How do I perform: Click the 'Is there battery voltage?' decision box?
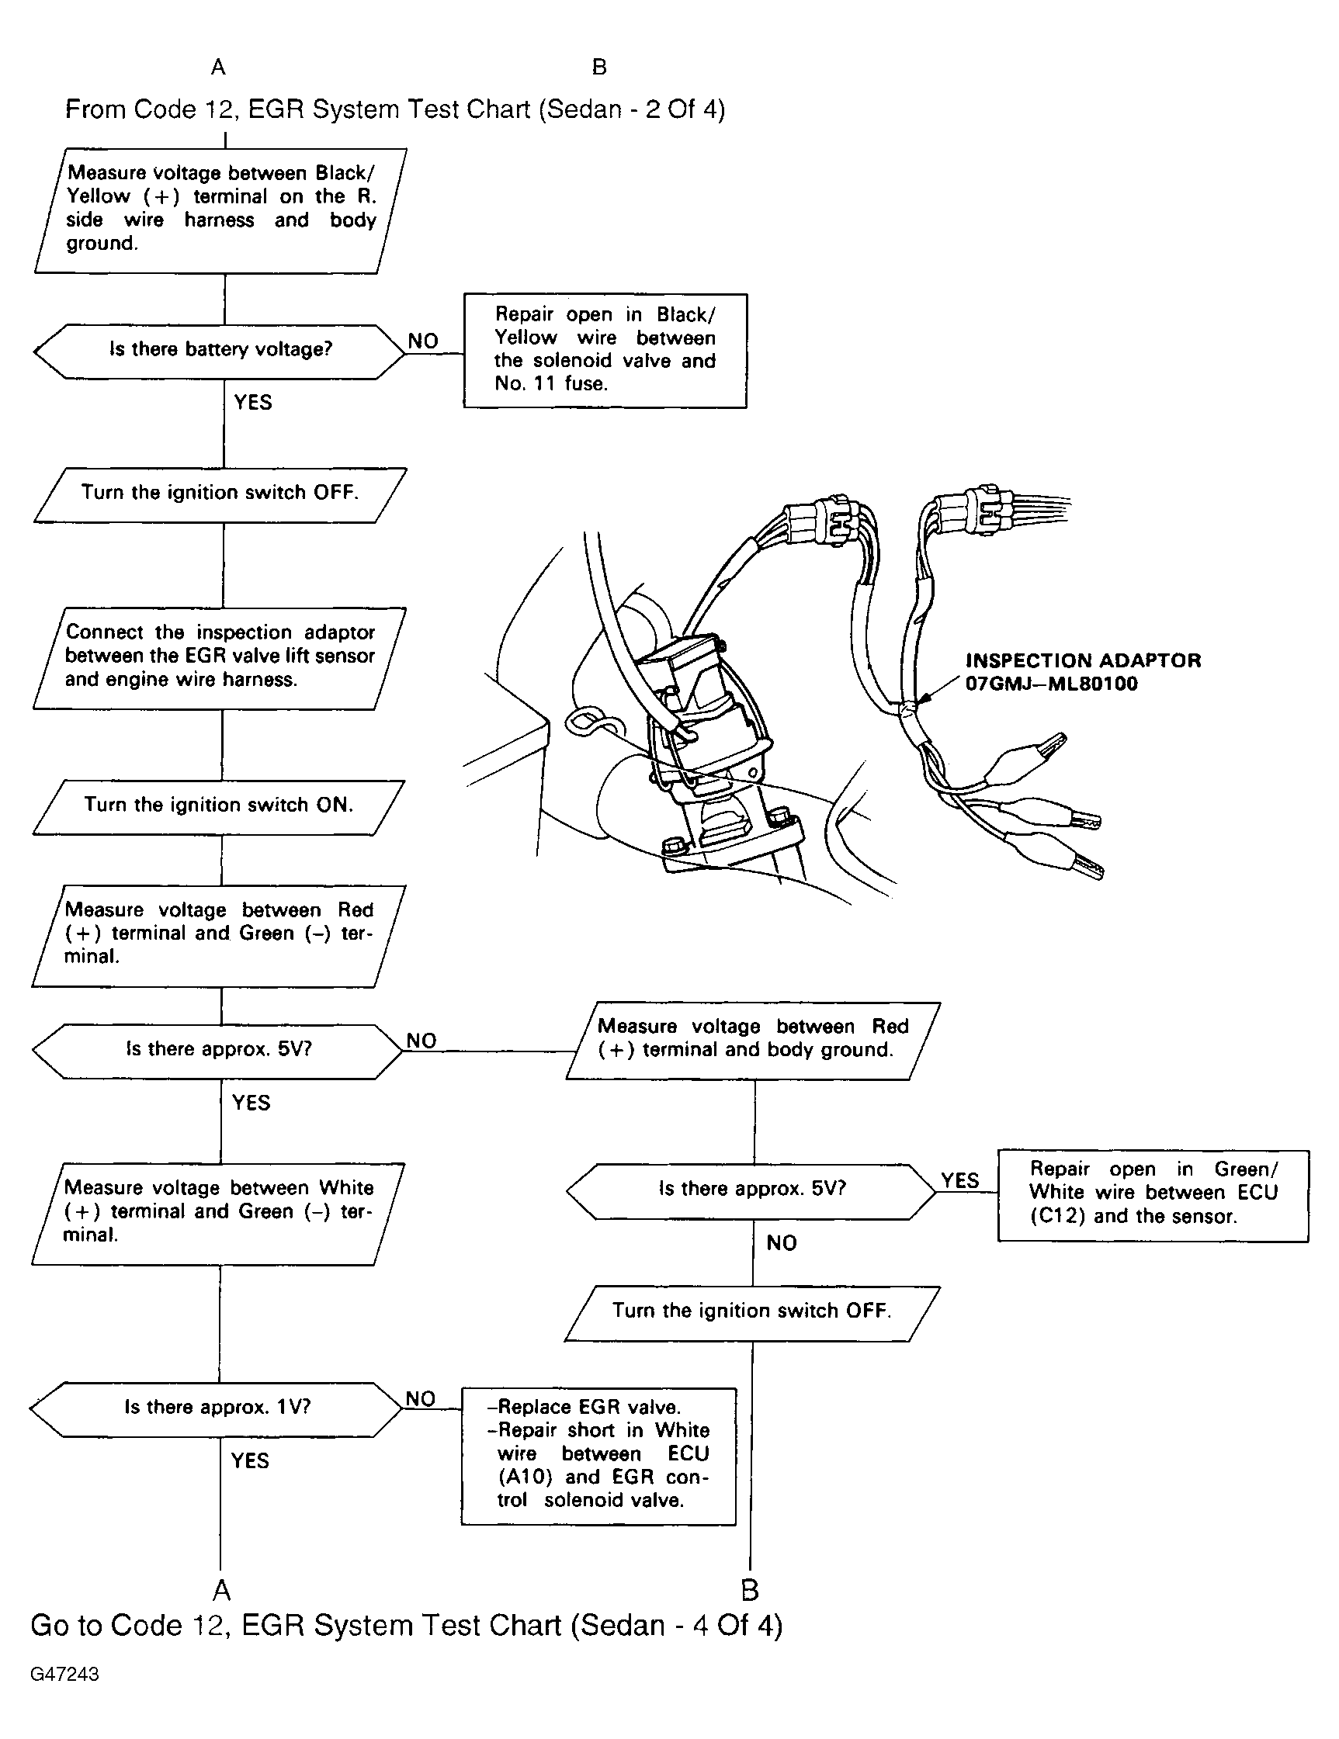coord(220,350)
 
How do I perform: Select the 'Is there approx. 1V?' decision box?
coord(217,1407)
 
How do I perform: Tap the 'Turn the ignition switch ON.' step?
coord(218,805)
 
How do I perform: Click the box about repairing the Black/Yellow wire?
coord(605,350)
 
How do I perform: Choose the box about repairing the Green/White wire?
coord(1152,1193)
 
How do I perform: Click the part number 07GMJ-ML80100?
coord(1051,684)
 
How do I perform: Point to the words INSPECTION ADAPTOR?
coord(1083,660)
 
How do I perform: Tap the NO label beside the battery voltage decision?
coord(423,341)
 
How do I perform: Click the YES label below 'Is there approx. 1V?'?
coord(250,1460)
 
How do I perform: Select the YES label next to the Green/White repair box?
coord(960,1180)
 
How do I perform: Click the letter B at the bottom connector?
coord(750,1590)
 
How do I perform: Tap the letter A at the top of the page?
coord(218,68)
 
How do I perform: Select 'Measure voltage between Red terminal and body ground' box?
coord(753,1039)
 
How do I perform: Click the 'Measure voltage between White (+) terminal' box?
coord(218,1211)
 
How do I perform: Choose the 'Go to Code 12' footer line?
coord(406,1625)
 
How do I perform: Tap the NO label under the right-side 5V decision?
coord(782,1243)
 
